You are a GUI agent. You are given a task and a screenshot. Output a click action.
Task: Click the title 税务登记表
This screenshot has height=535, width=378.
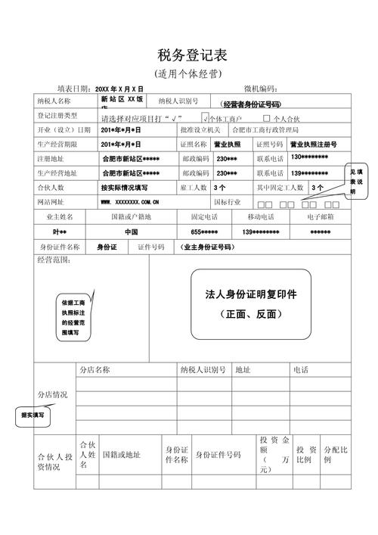coord(189,55)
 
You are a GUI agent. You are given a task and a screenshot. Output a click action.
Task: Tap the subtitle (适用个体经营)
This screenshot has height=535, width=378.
coord(188,74)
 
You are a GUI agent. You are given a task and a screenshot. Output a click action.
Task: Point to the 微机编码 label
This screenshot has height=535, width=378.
coord(262,89)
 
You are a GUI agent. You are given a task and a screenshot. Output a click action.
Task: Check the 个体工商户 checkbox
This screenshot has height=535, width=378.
coord(206,119)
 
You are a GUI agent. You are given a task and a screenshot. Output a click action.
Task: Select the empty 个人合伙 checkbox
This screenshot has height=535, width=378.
coord(266,118)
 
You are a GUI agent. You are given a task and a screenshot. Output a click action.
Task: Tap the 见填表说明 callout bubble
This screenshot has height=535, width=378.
coord(353,181)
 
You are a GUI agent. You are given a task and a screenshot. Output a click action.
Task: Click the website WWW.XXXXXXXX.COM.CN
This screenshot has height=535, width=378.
coord(130,202)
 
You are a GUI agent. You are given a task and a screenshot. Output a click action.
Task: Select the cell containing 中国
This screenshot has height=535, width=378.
coord(131,232)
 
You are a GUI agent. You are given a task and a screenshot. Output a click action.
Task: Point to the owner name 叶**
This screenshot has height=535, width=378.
coord(60,232)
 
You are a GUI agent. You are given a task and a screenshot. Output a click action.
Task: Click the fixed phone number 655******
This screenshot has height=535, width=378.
coord(205,232)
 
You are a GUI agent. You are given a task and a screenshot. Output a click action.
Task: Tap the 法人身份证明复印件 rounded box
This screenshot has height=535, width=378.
coord(250,303)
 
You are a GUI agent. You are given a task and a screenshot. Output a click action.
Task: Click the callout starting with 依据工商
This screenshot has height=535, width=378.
coord(76,316)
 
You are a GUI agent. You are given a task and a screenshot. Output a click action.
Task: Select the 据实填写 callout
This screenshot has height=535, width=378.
coord(32,415)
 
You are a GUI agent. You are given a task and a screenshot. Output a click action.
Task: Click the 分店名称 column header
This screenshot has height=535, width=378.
coord(95,370)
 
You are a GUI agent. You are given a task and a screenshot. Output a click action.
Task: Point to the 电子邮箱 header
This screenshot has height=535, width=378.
coord(321,217)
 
